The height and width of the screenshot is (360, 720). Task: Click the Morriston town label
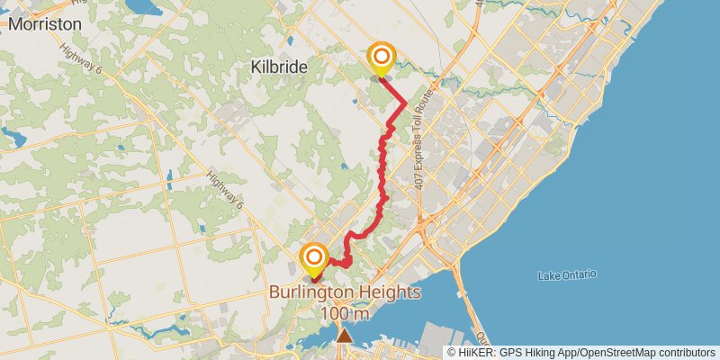[44, 24]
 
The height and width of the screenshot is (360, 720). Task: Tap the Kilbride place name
[279, 67]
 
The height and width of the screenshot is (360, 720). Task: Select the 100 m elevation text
[345, 313]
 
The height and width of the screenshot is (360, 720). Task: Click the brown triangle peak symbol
[345, 336]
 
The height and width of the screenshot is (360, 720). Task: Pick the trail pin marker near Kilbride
[382, 58]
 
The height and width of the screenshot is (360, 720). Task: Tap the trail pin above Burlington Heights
[314, 258]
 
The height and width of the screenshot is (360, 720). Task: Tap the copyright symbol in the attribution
[453, 352]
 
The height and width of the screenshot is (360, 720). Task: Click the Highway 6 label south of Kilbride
[226, 186]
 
